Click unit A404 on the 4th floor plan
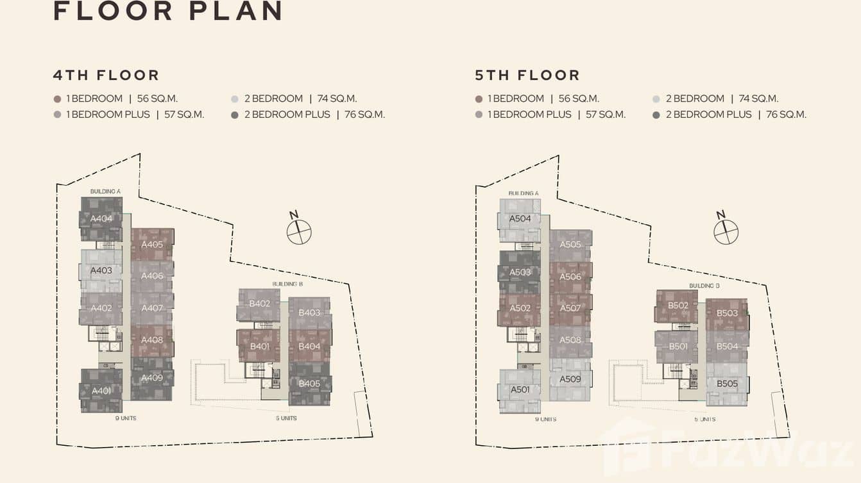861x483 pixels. click(101, 218)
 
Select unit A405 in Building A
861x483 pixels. click(152, 244)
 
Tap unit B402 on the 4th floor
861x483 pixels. click(259, 304)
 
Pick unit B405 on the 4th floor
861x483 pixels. click(309, 384)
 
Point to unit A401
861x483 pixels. click(101, 391)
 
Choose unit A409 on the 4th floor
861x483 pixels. click(152, 377)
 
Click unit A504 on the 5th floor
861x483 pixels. click(520, 218)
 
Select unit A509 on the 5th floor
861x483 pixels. click(570, 379)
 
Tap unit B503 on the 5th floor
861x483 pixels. click(727, 313)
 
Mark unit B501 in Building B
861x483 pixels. click(678, 347)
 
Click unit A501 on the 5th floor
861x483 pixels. click(520, 389)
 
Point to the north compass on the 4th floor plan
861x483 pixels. click(298, 231)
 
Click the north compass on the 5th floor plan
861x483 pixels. click(726, 231)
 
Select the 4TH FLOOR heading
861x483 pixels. click(106, 75)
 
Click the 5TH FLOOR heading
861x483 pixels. click(527, 75)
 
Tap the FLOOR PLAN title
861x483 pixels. click(168, 11)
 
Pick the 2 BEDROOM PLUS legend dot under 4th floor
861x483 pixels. click(235, 115)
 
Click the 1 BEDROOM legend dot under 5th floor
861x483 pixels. click(479, 99)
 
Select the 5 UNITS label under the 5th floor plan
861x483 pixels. click(704, 419)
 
